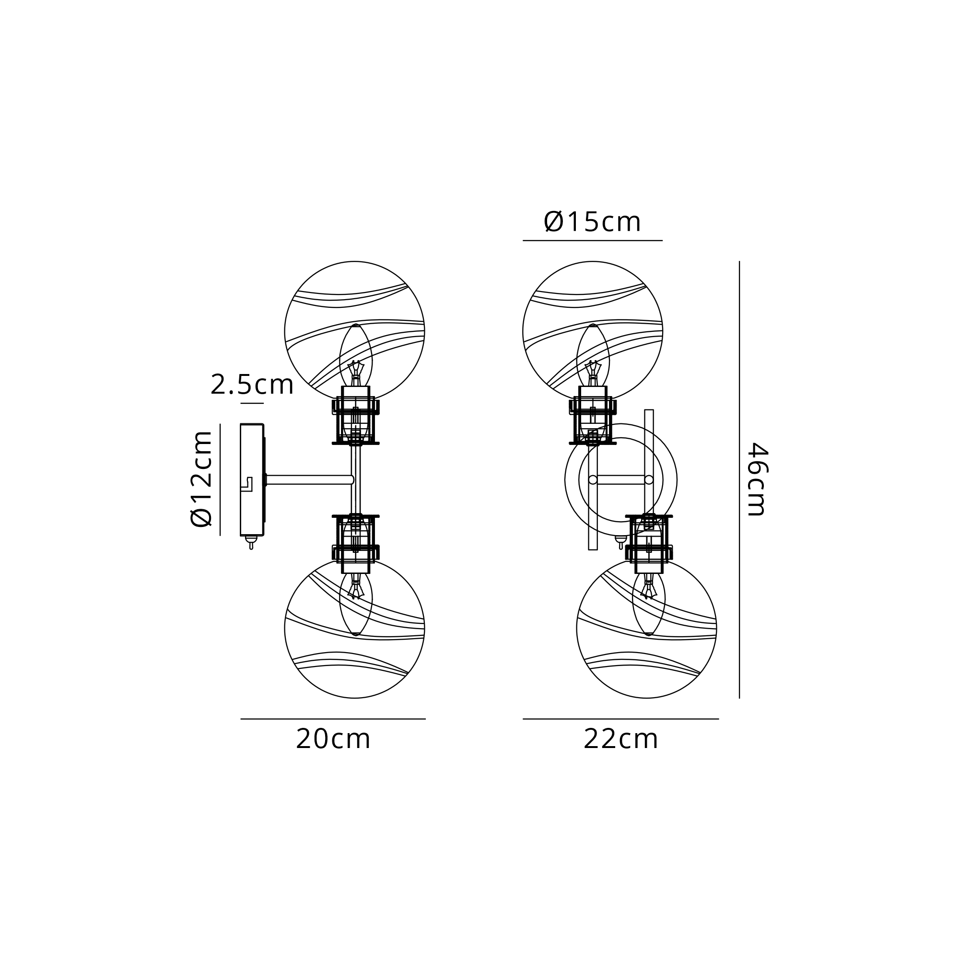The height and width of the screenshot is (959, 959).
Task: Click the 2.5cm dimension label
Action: (252, 385)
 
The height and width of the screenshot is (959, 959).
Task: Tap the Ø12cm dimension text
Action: (201, 479)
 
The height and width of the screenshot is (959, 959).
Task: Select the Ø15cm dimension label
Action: (592, 222)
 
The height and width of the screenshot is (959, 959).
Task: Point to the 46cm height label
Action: (758, 479)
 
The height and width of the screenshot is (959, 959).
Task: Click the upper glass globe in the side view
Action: (354, 330)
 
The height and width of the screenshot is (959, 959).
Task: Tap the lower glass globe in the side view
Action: (354, 629)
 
